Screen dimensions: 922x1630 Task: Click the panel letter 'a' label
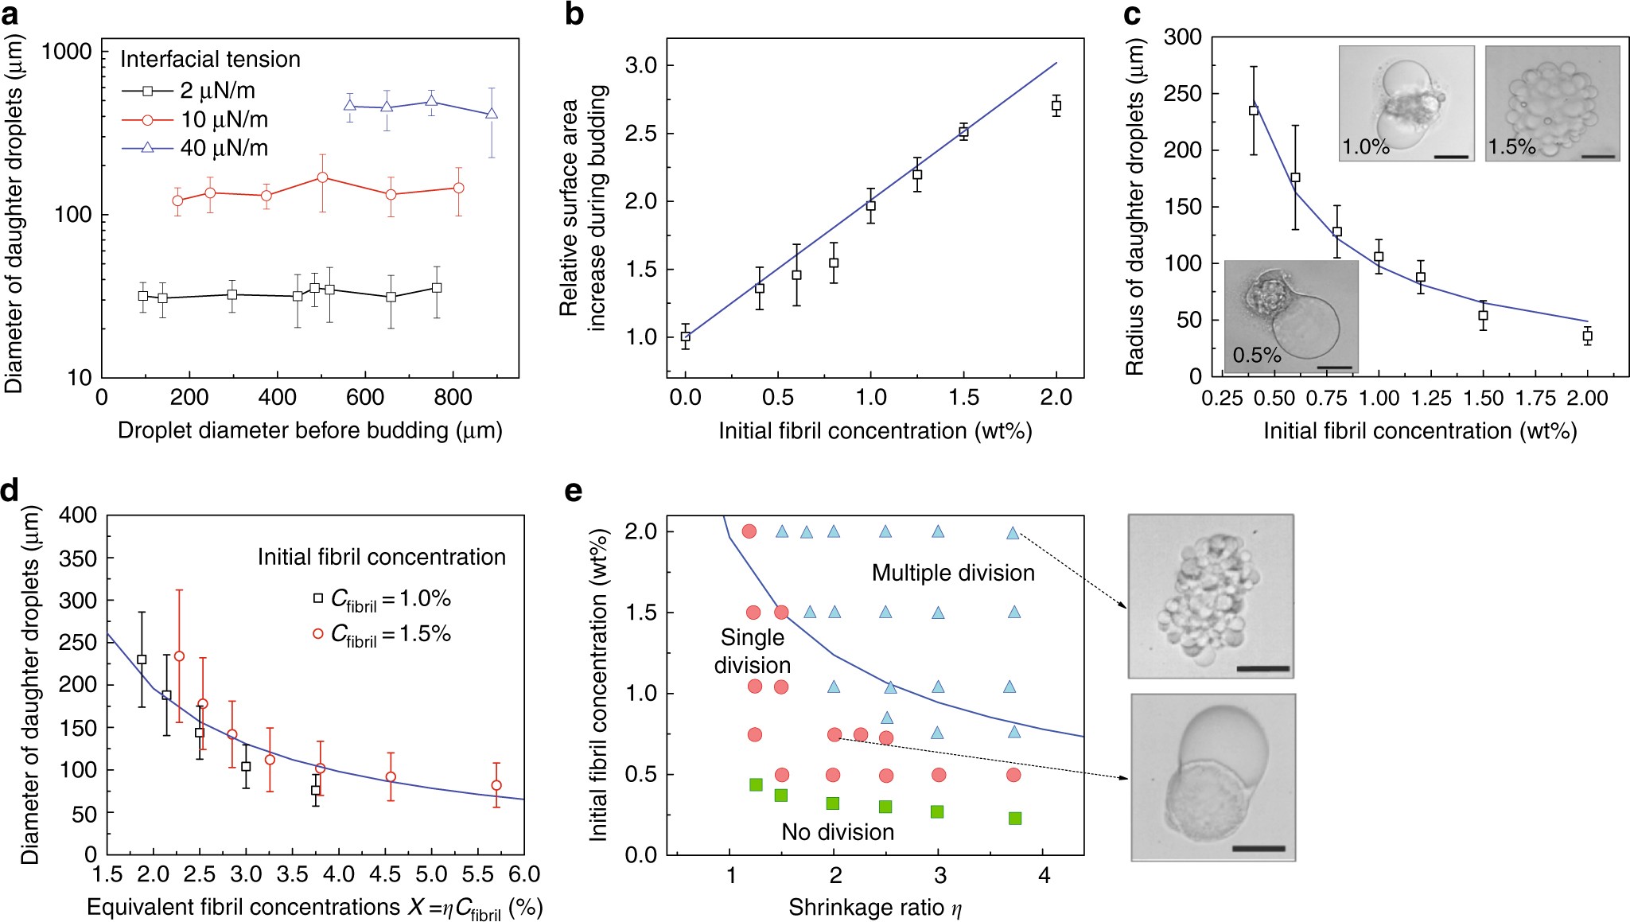click(x=10, y=15)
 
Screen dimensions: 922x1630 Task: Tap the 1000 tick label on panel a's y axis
click(x=67, y=53)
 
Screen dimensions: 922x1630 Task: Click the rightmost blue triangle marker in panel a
click(x=492, y=114)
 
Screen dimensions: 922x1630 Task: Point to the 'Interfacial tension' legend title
click(x=210, y=60)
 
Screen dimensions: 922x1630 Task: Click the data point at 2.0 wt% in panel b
click(x=1056, y=106)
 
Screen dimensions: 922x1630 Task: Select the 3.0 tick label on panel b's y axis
click(x=640, y=65)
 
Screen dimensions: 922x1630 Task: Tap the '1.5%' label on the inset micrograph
click(x=1511, y=147)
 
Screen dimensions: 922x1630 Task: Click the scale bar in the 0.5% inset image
click(x=1334, y=368)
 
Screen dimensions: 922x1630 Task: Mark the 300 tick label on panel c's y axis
click(x=1182, y=37)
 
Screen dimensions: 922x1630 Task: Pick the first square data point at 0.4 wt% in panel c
click(x=1254, y=111)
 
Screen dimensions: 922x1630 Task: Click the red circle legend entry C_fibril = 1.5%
click(x=382, y=634)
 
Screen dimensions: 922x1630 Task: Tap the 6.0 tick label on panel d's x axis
click(x=523, y=875)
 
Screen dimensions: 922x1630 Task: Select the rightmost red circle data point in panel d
click(x=496, y=785)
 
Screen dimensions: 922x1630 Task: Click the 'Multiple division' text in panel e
click(x=953, y=573)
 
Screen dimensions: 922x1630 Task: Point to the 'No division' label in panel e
click(x=838, y=832)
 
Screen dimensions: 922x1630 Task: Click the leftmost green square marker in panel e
click(x=756, y=785)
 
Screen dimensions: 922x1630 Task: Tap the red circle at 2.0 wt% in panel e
click(x=749, y=531)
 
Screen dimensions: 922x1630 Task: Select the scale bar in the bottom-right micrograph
click(x=1258, y=848)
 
